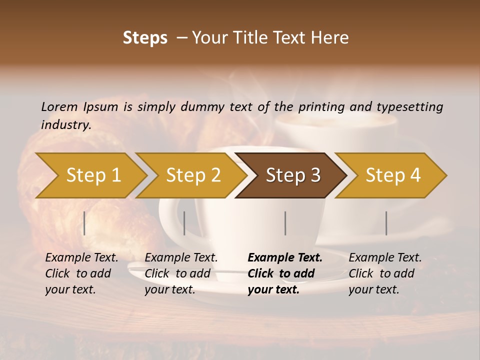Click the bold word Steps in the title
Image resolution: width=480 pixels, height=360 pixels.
click(x=145, y=38)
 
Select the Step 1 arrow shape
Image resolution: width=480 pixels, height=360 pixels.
click(x=93, y=175)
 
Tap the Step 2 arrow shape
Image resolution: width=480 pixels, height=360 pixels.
click(x=193, y=175)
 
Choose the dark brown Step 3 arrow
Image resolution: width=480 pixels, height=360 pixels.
click(x=292, y=175)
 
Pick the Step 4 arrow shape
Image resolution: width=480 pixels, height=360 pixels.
click(x=392, y=175)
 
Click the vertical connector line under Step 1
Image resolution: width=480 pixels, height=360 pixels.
click(x=84, y=223)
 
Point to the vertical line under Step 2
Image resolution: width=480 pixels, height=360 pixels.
click(x=184, y=223)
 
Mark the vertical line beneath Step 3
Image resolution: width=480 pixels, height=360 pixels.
click(x=285, y=223)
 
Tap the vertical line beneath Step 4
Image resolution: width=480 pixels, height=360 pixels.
click(x=386, y=223)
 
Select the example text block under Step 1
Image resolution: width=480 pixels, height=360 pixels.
click(x=81, y=273)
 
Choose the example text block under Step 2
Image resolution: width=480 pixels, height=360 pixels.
click(x=180, y=273)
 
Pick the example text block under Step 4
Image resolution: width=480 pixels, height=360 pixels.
click(x=384, y=273)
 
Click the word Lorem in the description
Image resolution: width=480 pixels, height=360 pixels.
click(x=59, y=106)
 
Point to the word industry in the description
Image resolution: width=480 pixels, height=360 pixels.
click(x=66, y=125)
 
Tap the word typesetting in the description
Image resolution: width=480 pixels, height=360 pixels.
click(x=409, y=107)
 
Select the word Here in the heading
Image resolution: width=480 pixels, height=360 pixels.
click(x=332, y=38)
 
